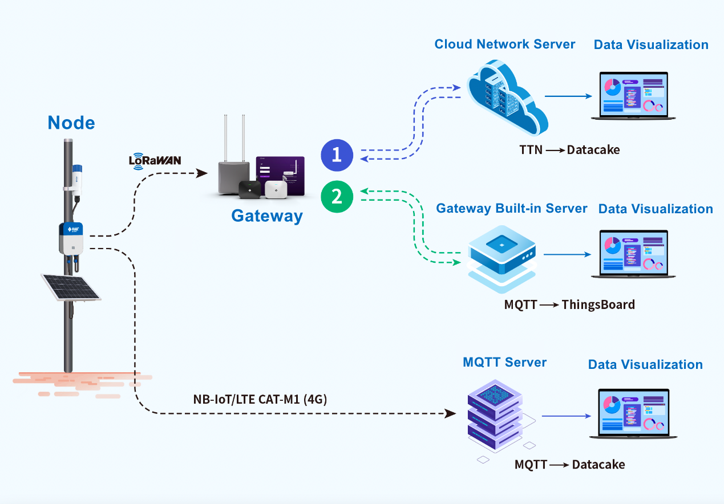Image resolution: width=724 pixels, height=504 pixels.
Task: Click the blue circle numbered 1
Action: point(337,155)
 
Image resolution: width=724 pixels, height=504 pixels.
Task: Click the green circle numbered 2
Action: point(337,197)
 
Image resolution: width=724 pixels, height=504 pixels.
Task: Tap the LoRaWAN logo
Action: point(155,161)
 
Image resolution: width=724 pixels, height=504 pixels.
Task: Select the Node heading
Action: point(71,123)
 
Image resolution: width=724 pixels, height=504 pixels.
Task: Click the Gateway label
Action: point(267,216)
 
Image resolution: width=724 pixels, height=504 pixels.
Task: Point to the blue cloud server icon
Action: point(507,97)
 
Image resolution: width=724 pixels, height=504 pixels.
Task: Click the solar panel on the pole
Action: point(71,287)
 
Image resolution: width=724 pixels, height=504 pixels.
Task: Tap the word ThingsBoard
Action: point(598,304)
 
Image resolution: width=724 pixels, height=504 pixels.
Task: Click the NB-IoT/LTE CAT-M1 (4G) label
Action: point(260,399)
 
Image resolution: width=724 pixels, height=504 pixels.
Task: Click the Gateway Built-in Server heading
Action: point(511,209)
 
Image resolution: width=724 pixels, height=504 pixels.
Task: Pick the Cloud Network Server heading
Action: point(504,44)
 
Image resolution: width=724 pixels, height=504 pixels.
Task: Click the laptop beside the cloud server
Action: point(633,96)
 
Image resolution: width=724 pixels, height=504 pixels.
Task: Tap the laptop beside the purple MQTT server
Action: point(633,413)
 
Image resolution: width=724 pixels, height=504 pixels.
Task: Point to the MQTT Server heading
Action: point(504,362)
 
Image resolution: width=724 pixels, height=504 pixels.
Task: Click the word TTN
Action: point(531,150)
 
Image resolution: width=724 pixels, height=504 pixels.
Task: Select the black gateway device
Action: point(249,190)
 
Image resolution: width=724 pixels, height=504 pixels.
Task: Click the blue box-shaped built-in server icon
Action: point(501,258)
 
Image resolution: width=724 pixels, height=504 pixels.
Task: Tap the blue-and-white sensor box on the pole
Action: point(71,238)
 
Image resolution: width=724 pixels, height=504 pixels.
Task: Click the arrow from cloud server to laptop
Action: point(568,96)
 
